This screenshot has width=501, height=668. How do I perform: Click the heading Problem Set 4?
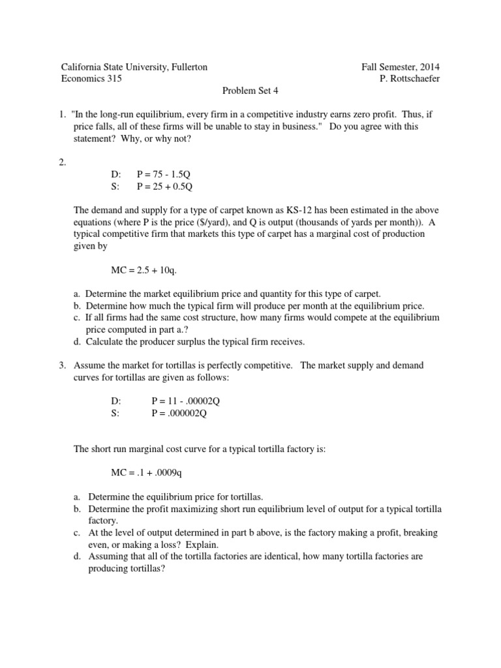250,91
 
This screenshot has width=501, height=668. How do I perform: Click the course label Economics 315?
91,79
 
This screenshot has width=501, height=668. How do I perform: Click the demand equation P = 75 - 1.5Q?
167,174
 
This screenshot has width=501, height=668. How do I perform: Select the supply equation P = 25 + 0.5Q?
167,186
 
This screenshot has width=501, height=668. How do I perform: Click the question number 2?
63,162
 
